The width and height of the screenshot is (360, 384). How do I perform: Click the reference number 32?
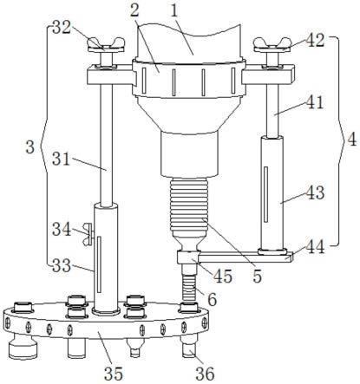click(x=62, y=28)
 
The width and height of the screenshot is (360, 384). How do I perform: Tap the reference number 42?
click(x=316, y=40)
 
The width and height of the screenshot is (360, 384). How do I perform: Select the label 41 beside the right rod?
click(x=314, y=102)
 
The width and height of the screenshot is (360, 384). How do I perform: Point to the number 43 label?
click(x=315, y=192)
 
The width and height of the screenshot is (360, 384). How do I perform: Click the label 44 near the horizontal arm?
click(x=315, y=247)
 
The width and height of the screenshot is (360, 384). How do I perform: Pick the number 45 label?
click(x=223, y=276)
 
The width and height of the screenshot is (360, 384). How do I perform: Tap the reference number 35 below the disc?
click(x=114, y=374)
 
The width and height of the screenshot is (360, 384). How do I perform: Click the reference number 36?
click(x=205, y=374)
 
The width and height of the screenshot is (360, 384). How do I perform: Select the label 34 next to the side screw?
click(x=62, y=230)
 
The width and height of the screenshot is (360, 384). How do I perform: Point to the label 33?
click(x=62, y=265)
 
